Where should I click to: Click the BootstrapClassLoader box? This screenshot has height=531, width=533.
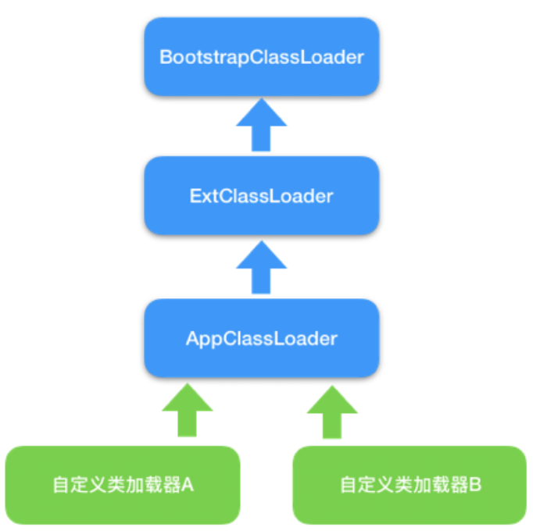[261, 57]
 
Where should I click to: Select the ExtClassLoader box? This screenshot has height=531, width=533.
[261, 195]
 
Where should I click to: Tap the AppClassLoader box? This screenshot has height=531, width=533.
[261, 338]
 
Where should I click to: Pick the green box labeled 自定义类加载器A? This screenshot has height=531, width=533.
[122, 484]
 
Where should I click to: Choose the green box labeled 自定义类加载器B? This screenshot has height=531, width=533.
[410, 484]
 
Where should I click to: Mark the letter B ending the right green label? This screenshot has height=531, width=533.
[476, 485]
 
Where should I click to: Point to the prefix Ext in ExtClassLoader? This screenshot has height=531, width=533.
[201, 195]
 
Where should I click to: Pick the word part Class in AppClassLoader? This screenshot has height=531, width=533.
[252, 339]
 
